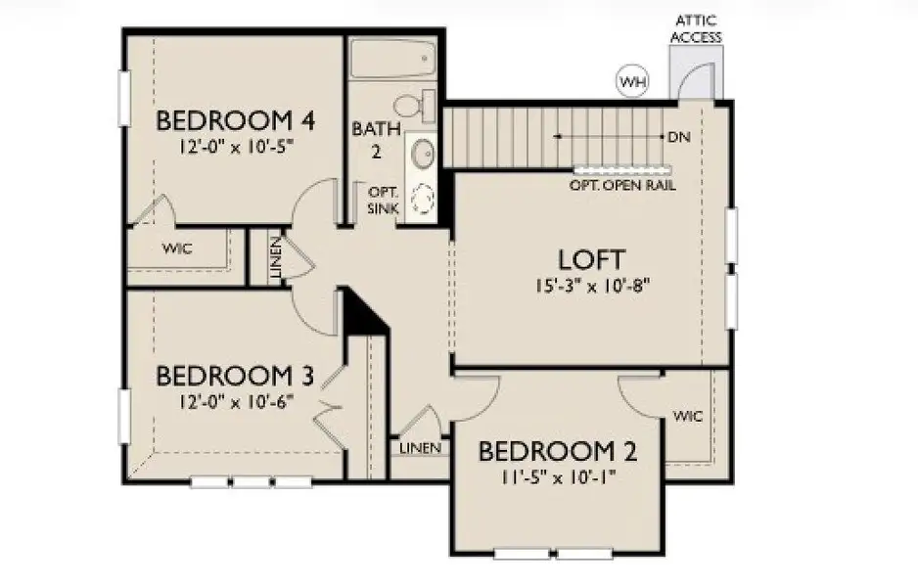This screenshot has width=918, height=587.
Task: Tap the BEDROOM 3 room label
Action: pyautogui.click(x=235, y=376)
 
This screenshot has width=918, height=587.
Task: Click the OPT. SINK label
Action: pyautogui.click(x=382, y=201)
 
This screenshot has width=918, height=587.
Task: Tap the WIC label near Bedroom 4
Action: pyautogui.click(x=176, y=248)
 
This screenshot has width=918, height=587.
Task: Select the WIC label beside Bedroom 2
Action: pyautogui.click(x=688, y=416)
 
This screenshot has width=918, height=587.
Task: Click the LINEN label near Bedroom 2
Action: pyautogui.click(x=420, y=448)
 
